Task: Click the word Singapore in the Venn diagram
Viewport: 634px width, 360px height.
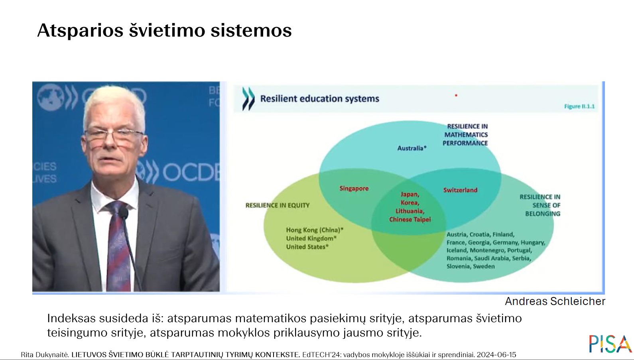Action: click(x=354, y=189)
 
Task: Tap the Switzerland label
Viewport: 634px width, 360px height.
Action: click(x=460, y=190)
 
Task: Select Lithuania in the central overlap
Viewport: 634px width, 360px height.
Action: click(x=410, y=211)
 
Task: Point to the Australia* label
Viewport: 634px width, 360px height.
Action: click(x=412, y=148)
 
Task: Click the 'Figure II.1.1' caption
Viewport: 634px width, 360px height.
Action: click(x=579, y=106)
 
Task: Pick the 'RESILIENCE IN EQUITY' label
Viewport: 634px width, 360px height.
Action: click(x=278, y=205)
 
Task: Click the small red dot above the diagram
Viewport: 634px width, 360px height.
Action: click(x=456, y=95)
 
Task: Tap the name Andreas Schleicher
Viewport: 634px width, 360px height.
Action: click(x=555, y=301)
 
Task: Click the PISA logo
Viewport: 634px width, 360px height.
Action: click(x=610, y=344)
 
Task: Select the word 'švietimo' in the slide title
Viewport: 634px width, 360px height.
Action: click(x=167, y=30)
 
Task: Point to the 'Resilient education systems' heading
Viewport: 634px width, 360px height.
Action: click(x=319, y=99)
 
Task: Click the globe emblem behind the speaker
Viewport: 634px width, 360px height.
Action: click(x=51, y=97)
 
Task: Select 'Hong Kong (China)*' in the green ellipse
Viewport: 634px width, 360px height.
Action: click(x=315, y=230)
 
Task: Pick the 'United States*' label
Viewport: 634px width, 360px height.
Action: click(x=307, y=247)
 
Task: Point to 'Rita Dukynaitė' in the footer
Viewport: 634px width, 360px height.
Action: click(x=45, y=355)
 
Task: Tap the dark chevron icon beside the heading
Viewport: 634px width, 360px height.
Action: click(x=248, y=98)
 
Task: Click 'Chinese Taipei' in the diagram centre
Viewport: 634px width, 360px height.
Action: click(x=410, y=220)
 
